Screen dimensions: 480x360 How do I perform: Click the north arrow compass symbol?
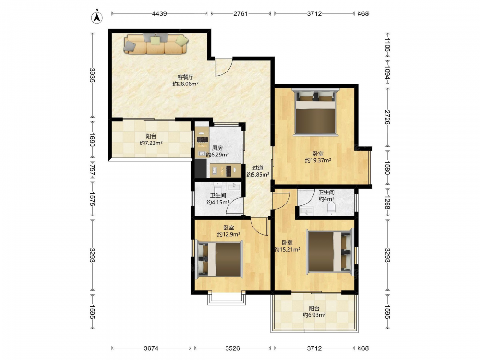[x=97, y=17]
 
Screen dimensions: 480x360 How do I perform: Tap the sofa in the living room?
[x=156, y=44]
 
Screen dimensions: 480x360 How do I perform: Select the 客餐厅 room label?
[x=185, y=77]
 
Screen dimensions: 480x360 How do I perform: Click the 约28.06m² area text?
[x=185, y=84]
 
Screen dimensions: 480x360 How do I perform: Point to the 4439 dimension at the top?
[x=159, y=13]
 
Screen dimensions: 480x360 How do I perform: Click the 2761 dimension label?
[x=240, y=13]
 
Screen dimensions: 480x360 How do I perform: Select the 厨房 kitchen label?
[x=217, y=148]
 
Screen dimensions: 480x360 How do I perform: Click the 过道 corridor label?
[x=258, y=168]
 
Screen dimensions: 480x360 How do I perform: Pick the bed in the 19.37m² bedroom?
[x=316, y=112]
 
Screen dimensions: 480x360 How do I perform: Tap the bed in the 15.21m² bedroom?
[x=331, y=252]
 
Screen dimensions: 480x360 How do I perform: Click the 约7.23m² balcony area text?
[x=151, y=143]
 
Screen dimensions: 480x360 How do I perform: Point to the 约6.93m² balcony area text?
[x=314, y=315]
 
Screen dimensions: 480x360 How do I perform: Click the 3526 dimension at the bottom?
[x=233, y=348]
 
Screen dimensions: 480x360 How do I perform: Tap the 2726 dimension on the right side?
[x=387, y=117]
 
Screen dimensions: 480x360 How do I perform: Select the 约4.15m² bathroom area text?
[x=218, y=203]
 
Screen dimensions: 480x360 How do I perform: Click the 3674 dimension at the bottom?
[x=152, y=348]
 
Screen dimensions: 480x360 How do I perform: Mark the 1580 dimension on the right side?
[x=387, y=168]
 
